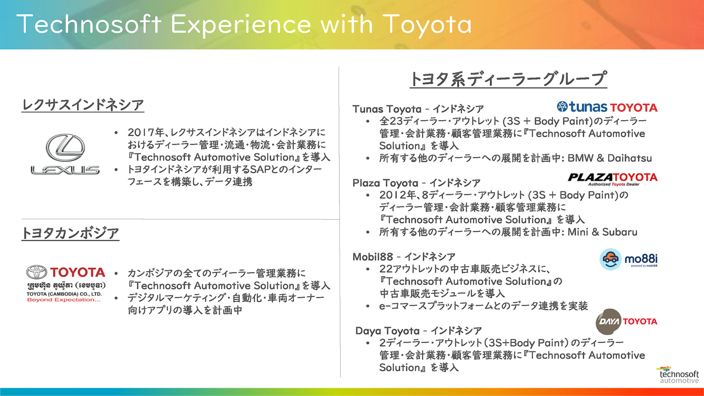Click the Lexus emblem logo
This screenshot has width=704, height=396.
click(65, 154)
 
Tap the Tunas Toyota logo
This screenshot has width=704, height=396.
click(607, 107)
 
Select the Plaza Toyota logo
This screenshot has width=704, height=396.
click(612, 179)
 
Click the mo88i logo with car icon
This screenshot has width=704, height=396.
click(628, 259)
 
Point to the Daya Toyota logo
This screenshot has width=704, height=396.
click(626, 322)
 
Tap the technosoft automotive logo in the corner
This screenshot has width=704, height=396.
click(679, 375)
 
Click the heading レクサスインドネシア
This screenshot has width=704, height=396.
click(83, 105)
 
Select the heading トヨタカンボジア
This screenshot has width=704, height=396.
click(70, 233)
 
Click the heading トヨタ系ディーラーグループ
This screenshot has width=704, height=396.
click(508, 79)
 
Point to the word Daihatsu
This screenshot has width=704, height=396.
click(630, 158)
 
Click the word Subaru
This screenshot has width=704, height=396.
click(620, 232)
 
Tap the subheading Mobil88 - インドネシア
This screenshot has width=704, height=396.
click(404, 257)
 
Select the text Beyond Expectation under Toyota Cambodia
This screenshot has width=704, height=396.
click(64, 300)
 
